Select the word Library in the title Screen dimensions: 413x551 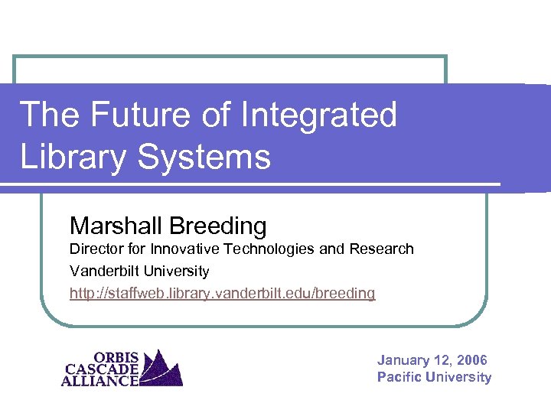(x=67, y=158)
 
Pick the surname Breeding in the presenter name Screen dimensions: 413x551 (x=218, y=226)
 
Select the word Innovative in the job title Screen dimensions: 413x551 (x=183, y=249)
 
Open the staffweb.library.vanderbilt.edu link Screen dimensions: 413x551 (x=222, y=294)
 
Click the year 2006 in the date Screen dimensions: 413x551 (x=471, y=360)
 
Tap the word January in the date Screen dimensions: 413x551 (x=403, y=360)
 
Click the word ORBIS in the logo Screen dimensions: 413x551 (x=116, y=356)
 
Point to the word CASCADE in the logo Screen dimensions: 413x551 (x=102, y=368)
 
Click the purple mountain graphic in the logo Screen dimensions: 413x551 (x=161, y=369)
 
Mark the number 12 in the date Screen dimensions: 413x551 (x=442, y=360)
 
